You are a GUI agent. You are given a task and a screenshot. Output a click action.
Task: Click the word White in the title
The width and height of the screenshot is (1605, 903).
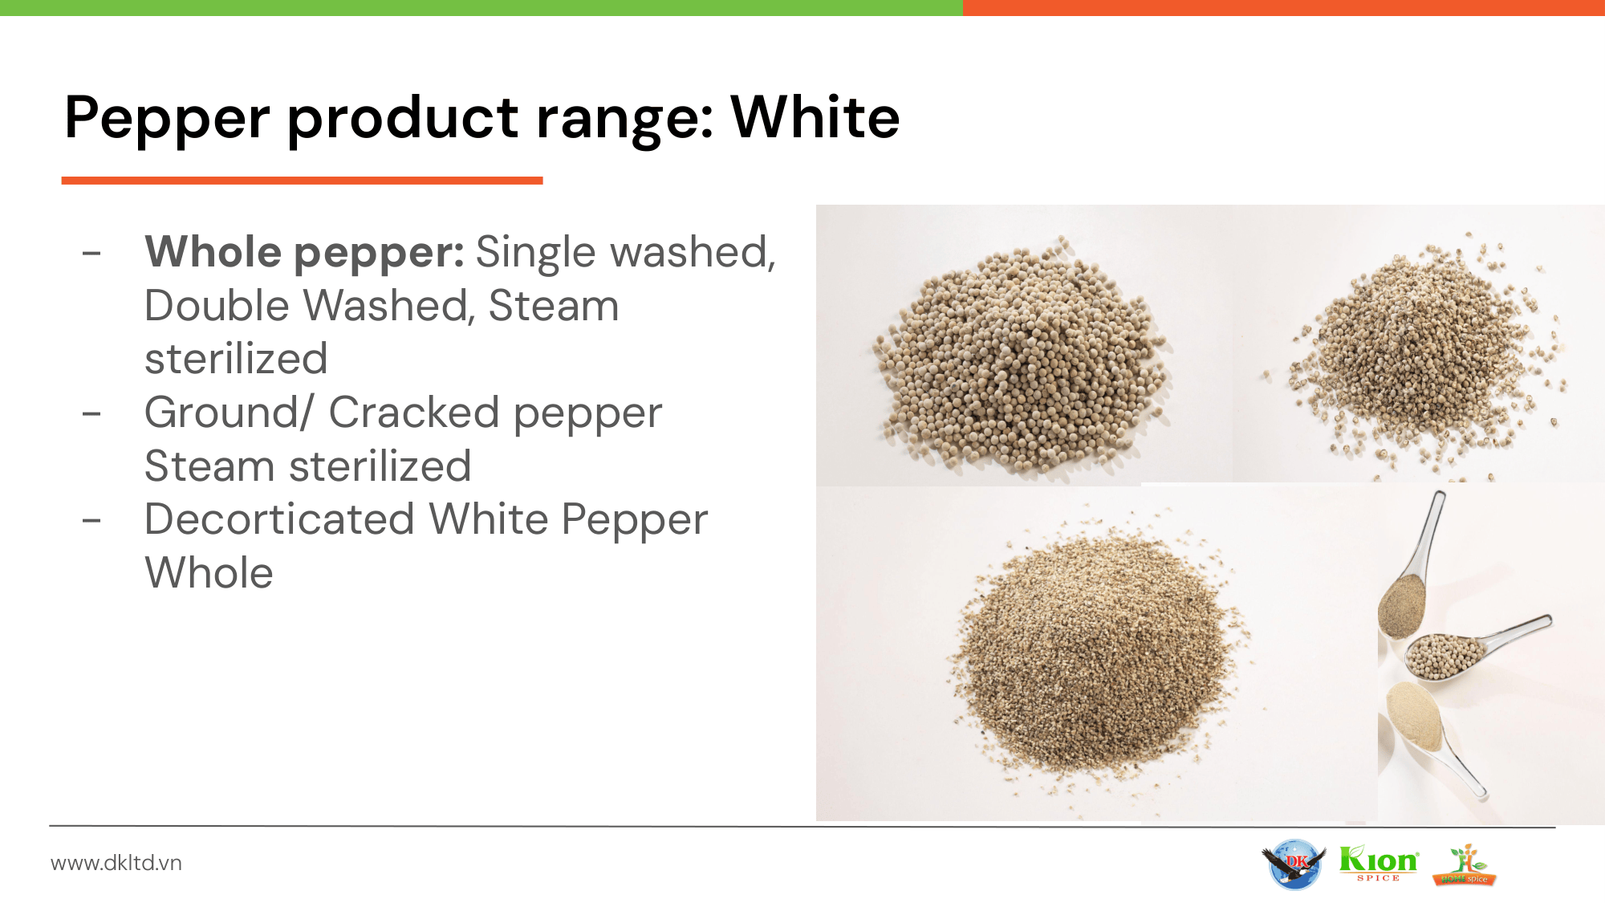815,117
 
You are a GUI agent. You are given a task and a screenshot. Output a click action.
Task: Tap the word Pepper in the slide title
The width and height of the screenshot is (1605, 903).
167,120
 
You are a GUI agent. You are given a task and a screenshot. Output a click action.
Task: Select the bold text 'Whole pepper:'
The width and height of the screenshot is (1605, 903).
304,254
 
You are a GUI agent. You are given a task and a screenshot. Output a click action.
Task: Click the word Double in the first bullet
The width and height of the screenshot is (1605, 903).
217,305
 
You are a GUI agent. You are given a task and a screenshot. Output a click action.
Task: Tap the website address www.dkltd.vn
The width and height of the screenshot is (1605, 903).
116,863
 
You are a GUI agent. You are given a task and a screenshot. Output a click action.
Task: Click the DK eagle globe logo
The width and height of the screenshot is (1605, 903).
1294,864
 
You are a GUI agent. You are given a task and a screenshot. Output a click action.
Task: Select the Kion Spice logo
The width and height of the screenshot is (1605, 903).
1379,864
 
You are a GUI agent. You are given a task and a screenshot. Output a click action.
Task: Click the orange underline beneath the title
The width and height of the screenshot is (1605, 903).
303,181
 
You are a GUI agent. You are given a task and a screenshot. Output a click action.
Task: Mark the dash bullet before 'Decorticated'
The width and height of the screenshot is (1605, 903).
91,520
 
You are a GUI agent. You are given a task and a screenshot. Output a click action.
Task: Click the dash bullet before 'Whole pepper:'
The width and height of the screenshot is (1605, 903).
91,253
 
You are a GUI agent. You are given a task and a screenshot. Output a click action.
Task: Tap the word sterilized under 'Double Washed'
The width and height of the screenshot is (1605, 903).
236,359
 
